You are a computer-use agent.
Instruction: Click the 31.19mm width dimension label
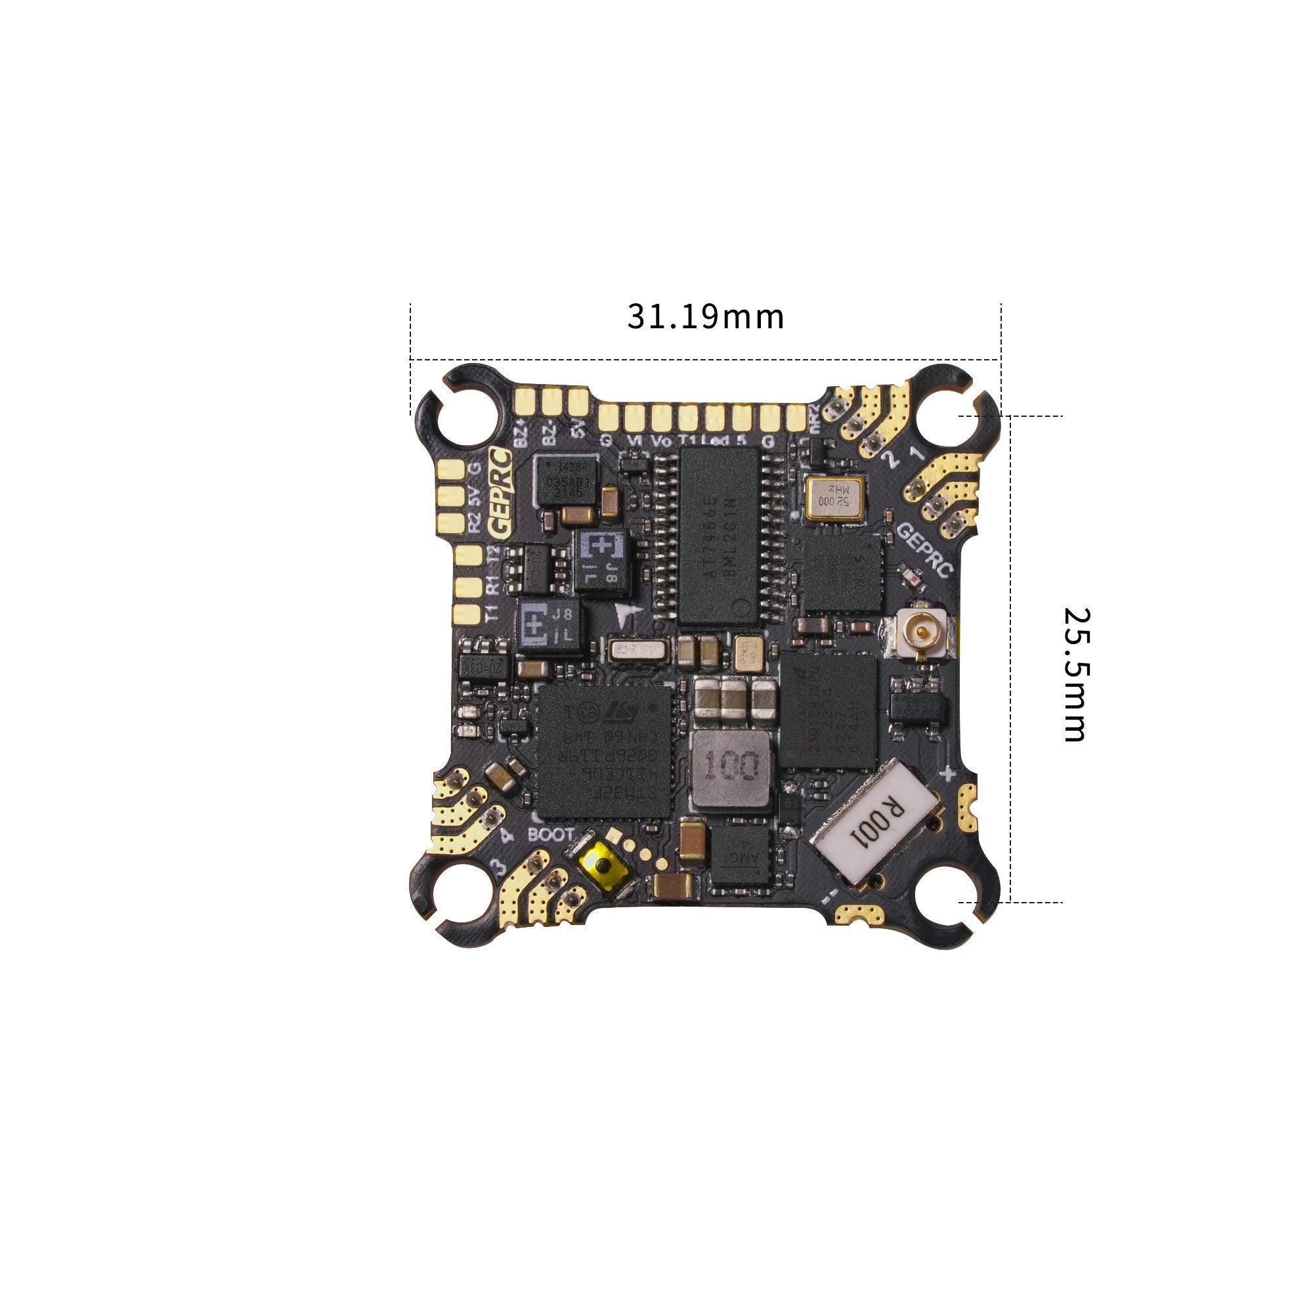click(704, 316)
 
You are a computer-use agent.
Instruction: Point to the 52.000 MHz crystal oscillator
click(834, 499)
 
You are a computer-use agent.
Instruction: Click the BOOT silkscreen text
click(551, 834)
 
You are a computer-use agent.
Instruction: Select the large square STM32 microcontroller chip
click(603, 750)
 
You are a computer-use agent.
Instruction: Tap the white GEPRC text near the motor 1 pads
click(925, 549)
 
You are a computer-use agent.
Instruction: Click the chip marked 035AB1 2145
click(564, 481)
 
